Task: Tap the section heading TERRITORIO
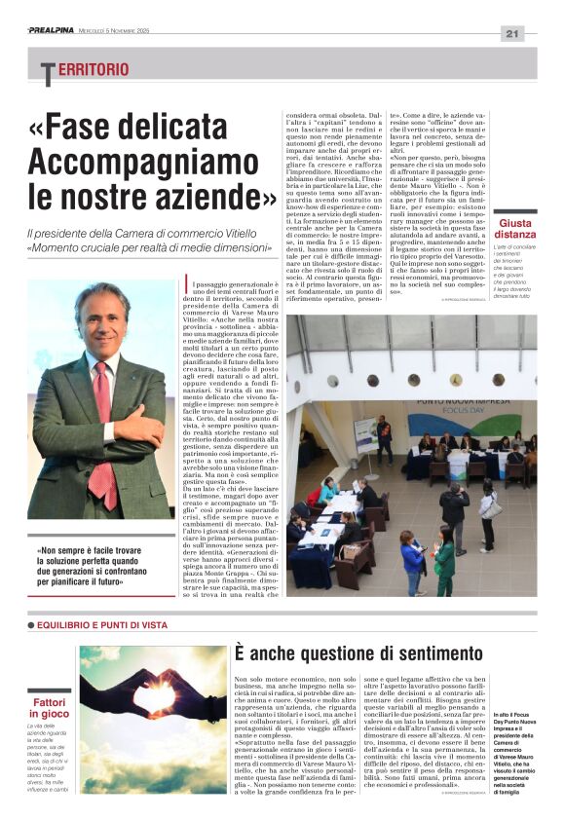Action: pyautogui.click(x=85, y=70)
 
